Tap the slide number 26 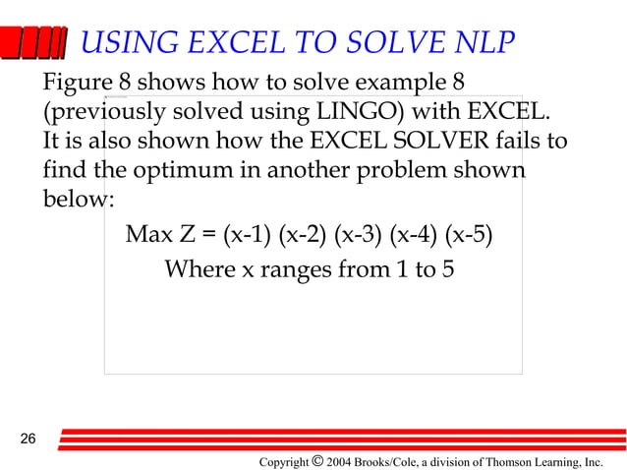28,438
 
